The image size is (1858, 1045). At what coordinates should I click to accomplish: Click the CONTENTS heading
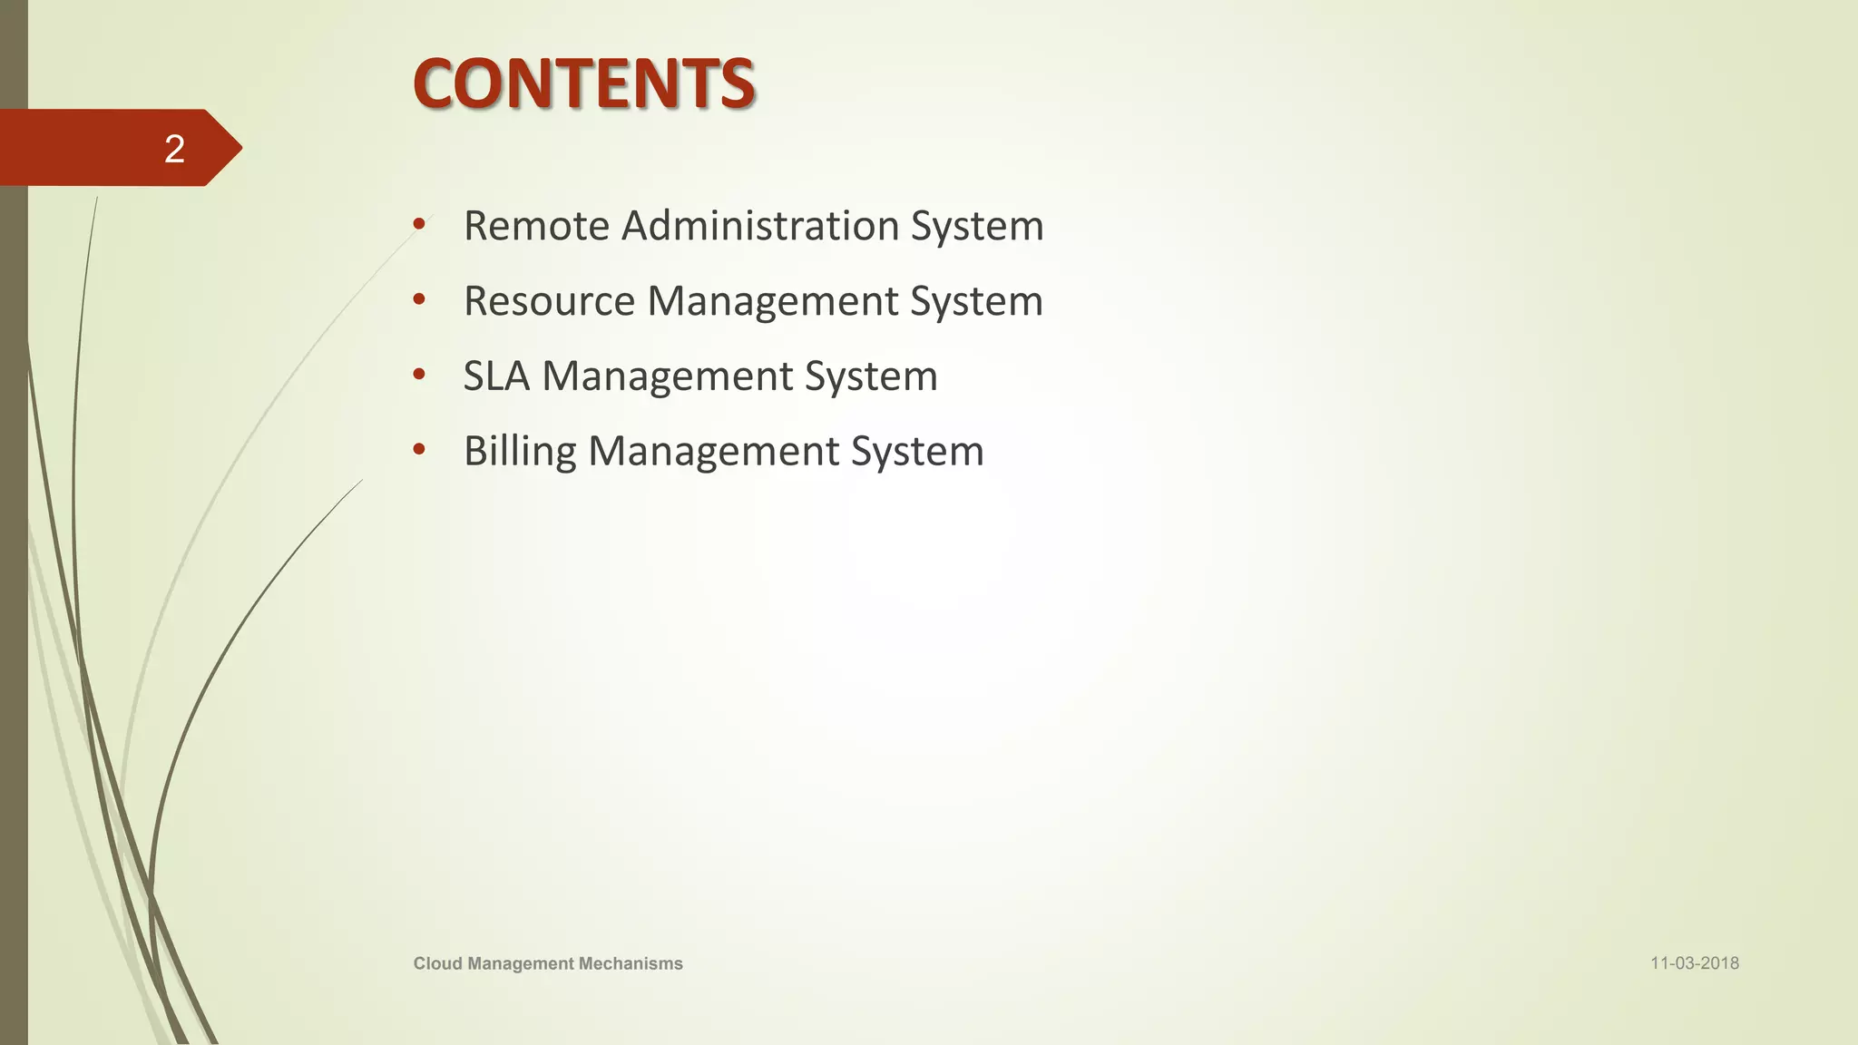(583, 83)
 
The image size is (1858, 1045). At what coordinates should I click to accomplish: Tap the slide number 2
(174, 149)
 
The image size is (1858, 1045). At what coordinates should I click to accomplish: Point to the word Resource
(549, 301)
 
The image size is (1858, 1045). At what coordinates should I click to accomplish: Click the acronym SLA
(496, 376)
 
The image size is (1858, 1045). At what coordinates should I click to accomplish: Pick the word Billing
(520, 452)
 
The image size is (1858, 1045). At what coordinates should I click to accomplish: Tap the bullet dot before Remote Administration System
(418, 223)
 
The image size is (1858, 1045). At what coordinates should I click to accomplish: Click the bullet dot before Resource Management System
(418, 298)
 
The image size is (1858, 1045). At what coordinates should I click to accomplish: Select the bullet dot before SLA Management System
(418, 374)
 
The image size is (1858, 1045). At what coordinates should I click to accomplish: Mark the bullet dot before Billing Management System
(418, 449)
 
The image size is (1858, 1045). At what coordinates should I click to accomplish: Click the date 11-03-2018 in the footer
(1694, 963)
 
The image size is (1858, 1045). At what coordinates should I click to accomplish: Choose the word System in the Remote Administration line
(977, 226)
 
